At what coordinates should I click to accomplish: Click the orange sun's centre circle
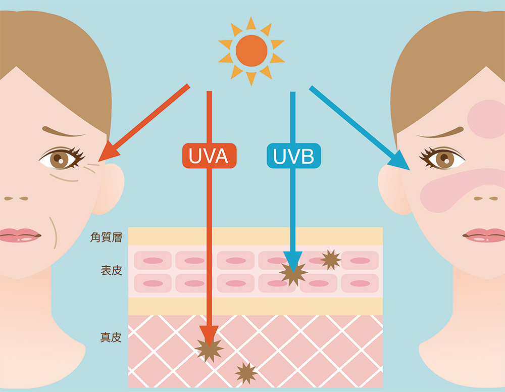(x=251, y=51)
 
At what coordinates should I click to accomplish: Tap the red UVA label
(x=209, y=156)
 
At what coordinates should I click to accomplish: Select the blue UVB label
(x=293, y=156)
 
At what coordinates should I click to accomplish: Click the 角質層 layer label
(x=106, y=237)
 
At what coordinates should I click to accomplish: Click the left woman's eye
(x=60, y=159)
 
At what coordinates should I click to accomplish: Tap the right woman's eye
(x=444, y=159)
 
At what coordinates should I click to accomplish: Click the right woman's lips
(x=485, y=235)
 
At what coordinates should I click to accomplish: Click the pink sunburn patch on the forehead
(x=486, y=119)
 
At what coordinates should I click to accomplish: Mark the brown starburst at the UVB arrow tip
(x=293, y=274)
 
